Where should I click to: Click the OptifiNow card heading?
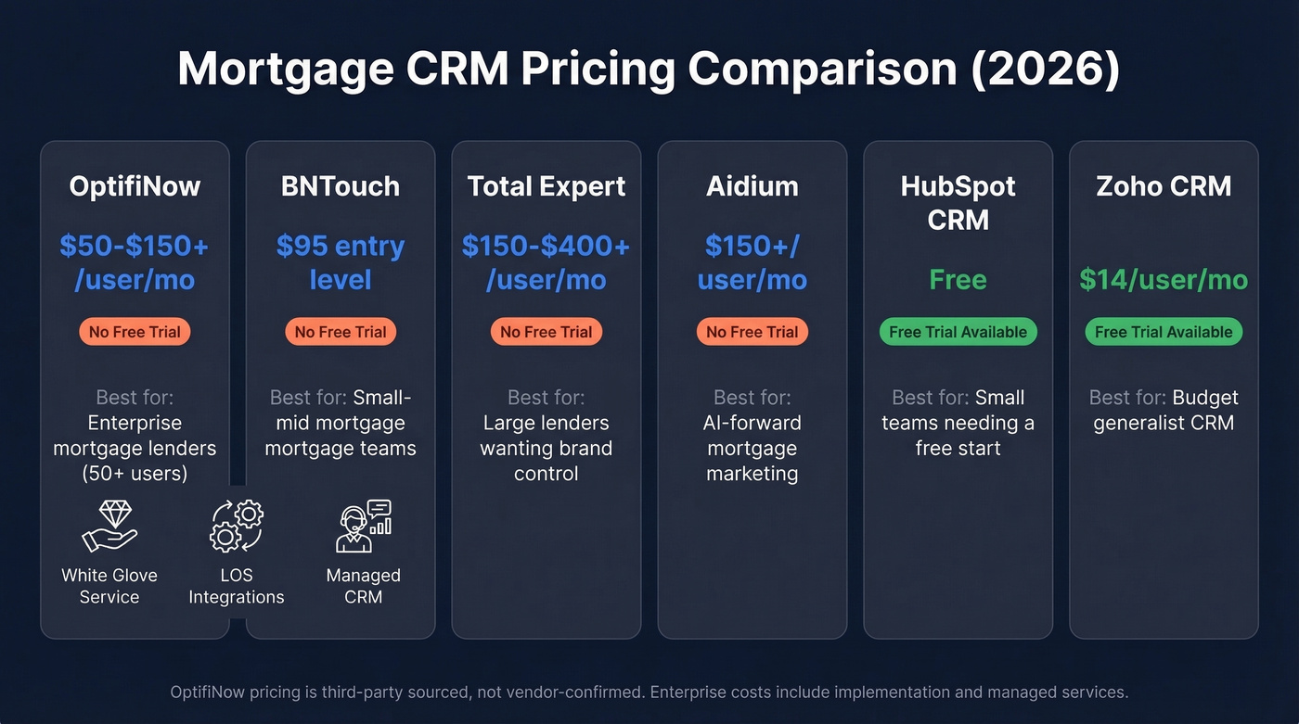(x=135, y=186)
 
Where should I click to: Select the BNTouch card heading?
(x=341, y=186)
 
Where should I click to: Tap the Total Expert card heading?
(x=546, y=186)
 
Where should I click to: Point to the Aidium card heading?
(x=752, y=186)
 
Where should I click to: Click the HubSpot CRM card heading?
(x=958, y=203)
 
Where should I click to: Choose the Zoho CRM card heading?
(x=1164, y=186)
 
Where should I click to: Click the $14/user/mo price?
(x=1164, y=280)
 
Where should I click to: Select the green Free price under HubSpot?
(x=958, y=280)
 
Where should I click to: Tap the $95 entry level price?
(x=341, y=263)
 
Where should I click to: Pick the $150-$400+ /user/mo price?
(x=546, y=263)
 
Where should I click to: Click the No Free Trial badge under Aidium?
(x=752, y=332)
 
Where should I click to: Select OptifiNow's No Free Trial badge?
(x=135, y=332)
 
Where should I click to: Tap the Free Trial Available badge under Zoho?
(x=1164, y=332)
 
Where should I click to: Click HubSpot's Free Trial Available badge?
(x=958, y=332)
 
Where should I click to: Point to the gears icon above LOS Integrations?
(x=237, y=527)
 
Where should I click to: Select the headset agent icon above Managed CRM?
(x=363, y=527)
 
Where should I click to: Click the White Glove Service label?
(x=109, y=586)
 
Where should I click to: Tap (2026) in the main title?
(x=1046, y=70)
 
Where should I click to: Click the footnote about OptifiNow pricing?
(x=649, y=692)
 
